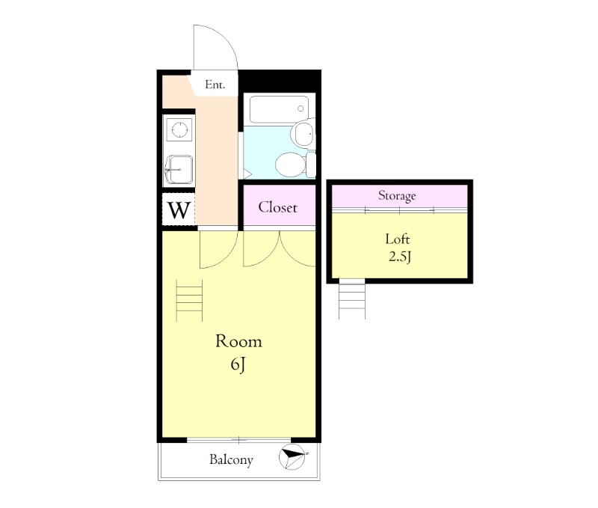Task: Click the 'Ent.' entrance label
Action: coord(215,85)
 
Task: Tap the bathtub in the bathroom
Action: coord(279,109)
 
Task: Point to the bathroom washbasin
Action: coord(303,132)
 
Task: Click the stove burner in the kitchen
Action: coord(179,129)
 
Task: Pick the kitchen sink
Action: coord(179,170)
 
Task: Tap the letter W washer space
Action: coord(179,209)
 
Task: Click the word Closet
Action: coord(277,207)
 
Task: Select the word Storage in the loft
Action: coord(397,196)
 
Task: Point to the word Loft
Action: coord(398,239)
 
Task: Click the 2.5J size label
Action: coord(400,257)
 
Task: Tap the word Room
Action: coord(238,341)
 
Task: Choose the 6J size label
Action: coord(238,364)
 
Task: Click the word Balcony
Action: coord(231,459)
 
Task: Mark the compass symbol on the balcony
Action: coord(292,457)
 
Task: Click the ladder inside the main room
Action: coord(189,300)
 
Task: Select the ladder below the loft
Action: coord(352,299)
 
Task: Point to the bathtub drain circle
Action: coord(300,108)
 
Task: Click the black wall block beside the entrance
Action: coord(280,81)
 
